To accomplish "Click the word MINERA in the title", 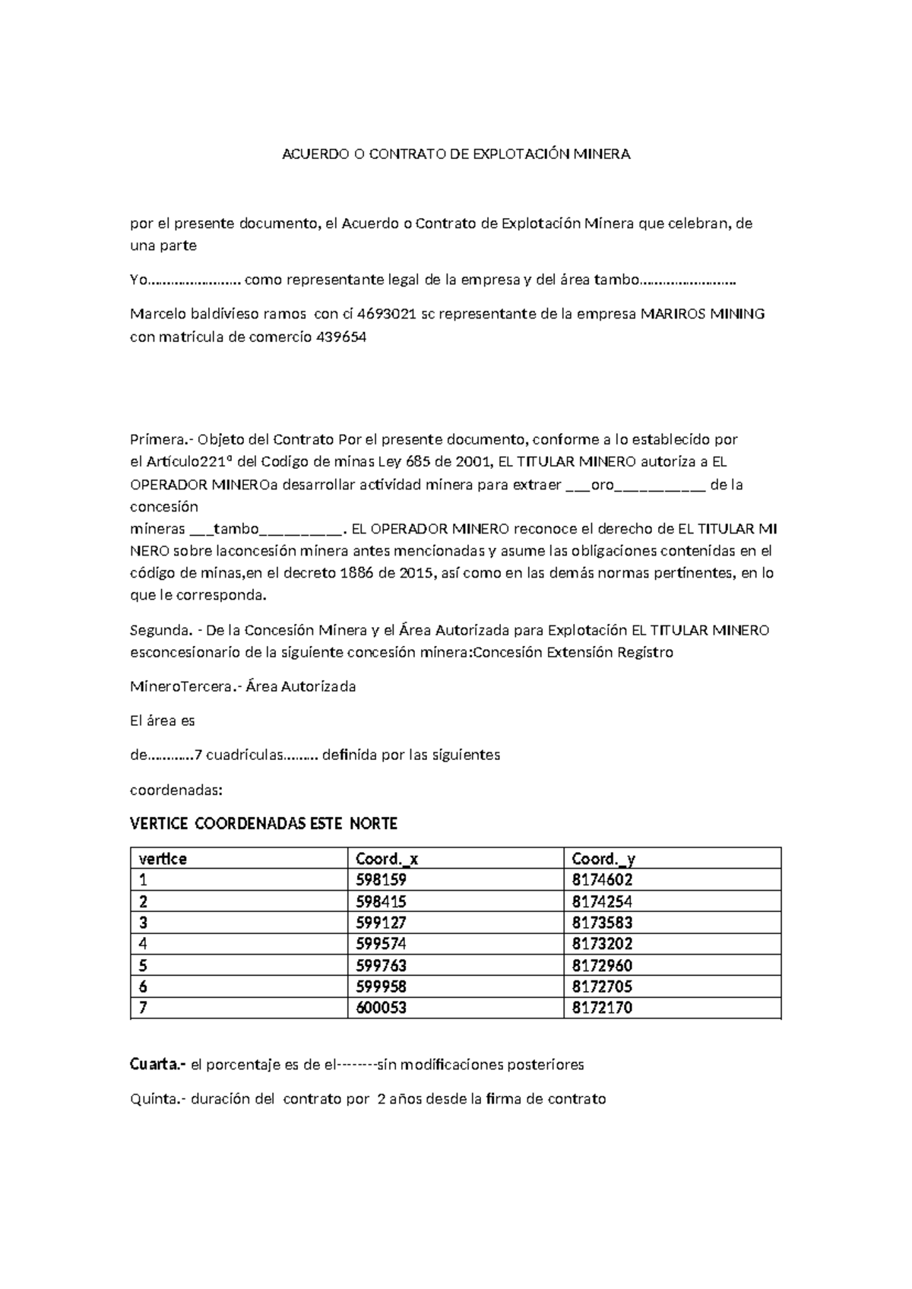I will pos(601,154).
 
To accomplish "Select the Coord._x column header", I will pos(387,859).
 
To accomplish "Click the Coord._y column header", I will pos(603,859).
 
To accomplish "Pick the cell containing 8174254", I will pos(602,902).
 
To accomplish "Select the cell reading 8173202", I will pos(602,944).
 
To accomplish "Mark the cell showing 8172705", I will pos(602,987).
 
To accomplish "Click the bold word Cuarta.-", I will pos(158,1065).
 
